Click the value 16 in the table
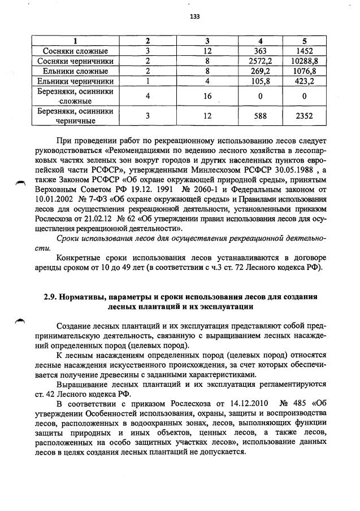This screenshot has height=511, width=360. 207,97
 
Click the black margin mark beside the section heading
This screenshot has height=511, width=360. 20,321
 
